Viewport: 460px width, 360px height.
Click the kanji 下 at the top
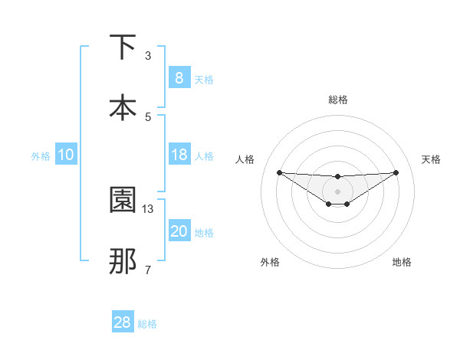123,47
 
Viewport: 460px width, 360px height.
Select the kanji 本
123,107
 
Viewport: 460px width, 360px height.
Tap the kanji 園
123,201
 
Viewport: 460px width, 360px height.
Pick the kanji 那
123,260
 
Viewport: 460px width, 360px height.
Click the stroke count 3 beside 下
148,56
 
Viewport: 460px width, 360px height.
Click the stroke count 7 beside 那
148,269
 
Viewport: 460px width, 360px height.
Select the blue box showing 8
179,78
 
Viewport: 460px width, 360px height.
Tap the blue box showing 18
179,155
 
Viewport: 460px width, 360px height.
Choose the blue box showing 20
179,231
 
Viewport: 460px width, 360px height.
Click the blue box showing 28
123,322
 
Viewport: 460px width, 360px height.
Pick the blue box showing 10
65,155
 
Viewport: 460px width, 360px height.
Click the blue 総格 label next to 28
147,324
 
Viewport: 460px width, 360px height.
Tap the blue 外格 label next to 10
41,156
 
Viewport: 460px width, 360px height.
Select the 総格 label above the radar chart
337,100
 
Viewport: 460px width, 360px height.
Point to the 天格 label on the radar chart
431,159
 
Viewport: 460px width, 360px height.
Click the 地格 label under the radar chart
402,262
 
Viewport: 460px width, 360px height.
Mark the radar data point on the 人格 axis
279,172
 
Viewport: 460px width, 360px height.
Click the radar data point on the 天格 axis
396,172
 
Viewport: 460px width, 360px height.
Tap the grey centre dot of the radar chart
337,191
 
